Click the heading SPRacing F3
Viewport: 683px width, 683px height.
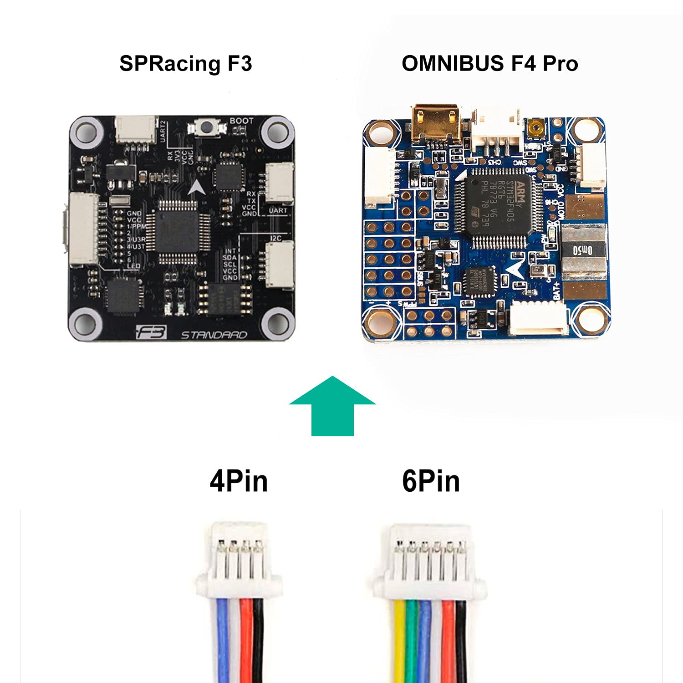pyautogui.click(x=185, y=63)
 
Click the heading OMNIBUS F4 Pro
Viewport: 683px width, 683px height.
pyautogui.click(x=489, y=63)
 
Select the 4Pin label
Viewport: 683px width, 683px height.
pyautogui.click(x=239, y=481)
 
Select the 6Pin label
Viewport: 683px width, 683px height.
pyautogui.click(x=431, y=481)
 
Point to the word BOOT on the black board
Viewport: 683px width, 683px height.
pyautogui.click(x=241, y=121)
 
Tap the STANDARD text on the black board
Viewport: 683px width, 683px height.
pyautogui.click(x=214, y=335)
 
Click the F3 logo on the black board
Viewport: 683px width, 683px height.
pyautogui.click(x=152, y=332)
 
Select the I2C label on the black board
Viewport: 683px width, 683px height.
pyautogui.click(x=276, y=238)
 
